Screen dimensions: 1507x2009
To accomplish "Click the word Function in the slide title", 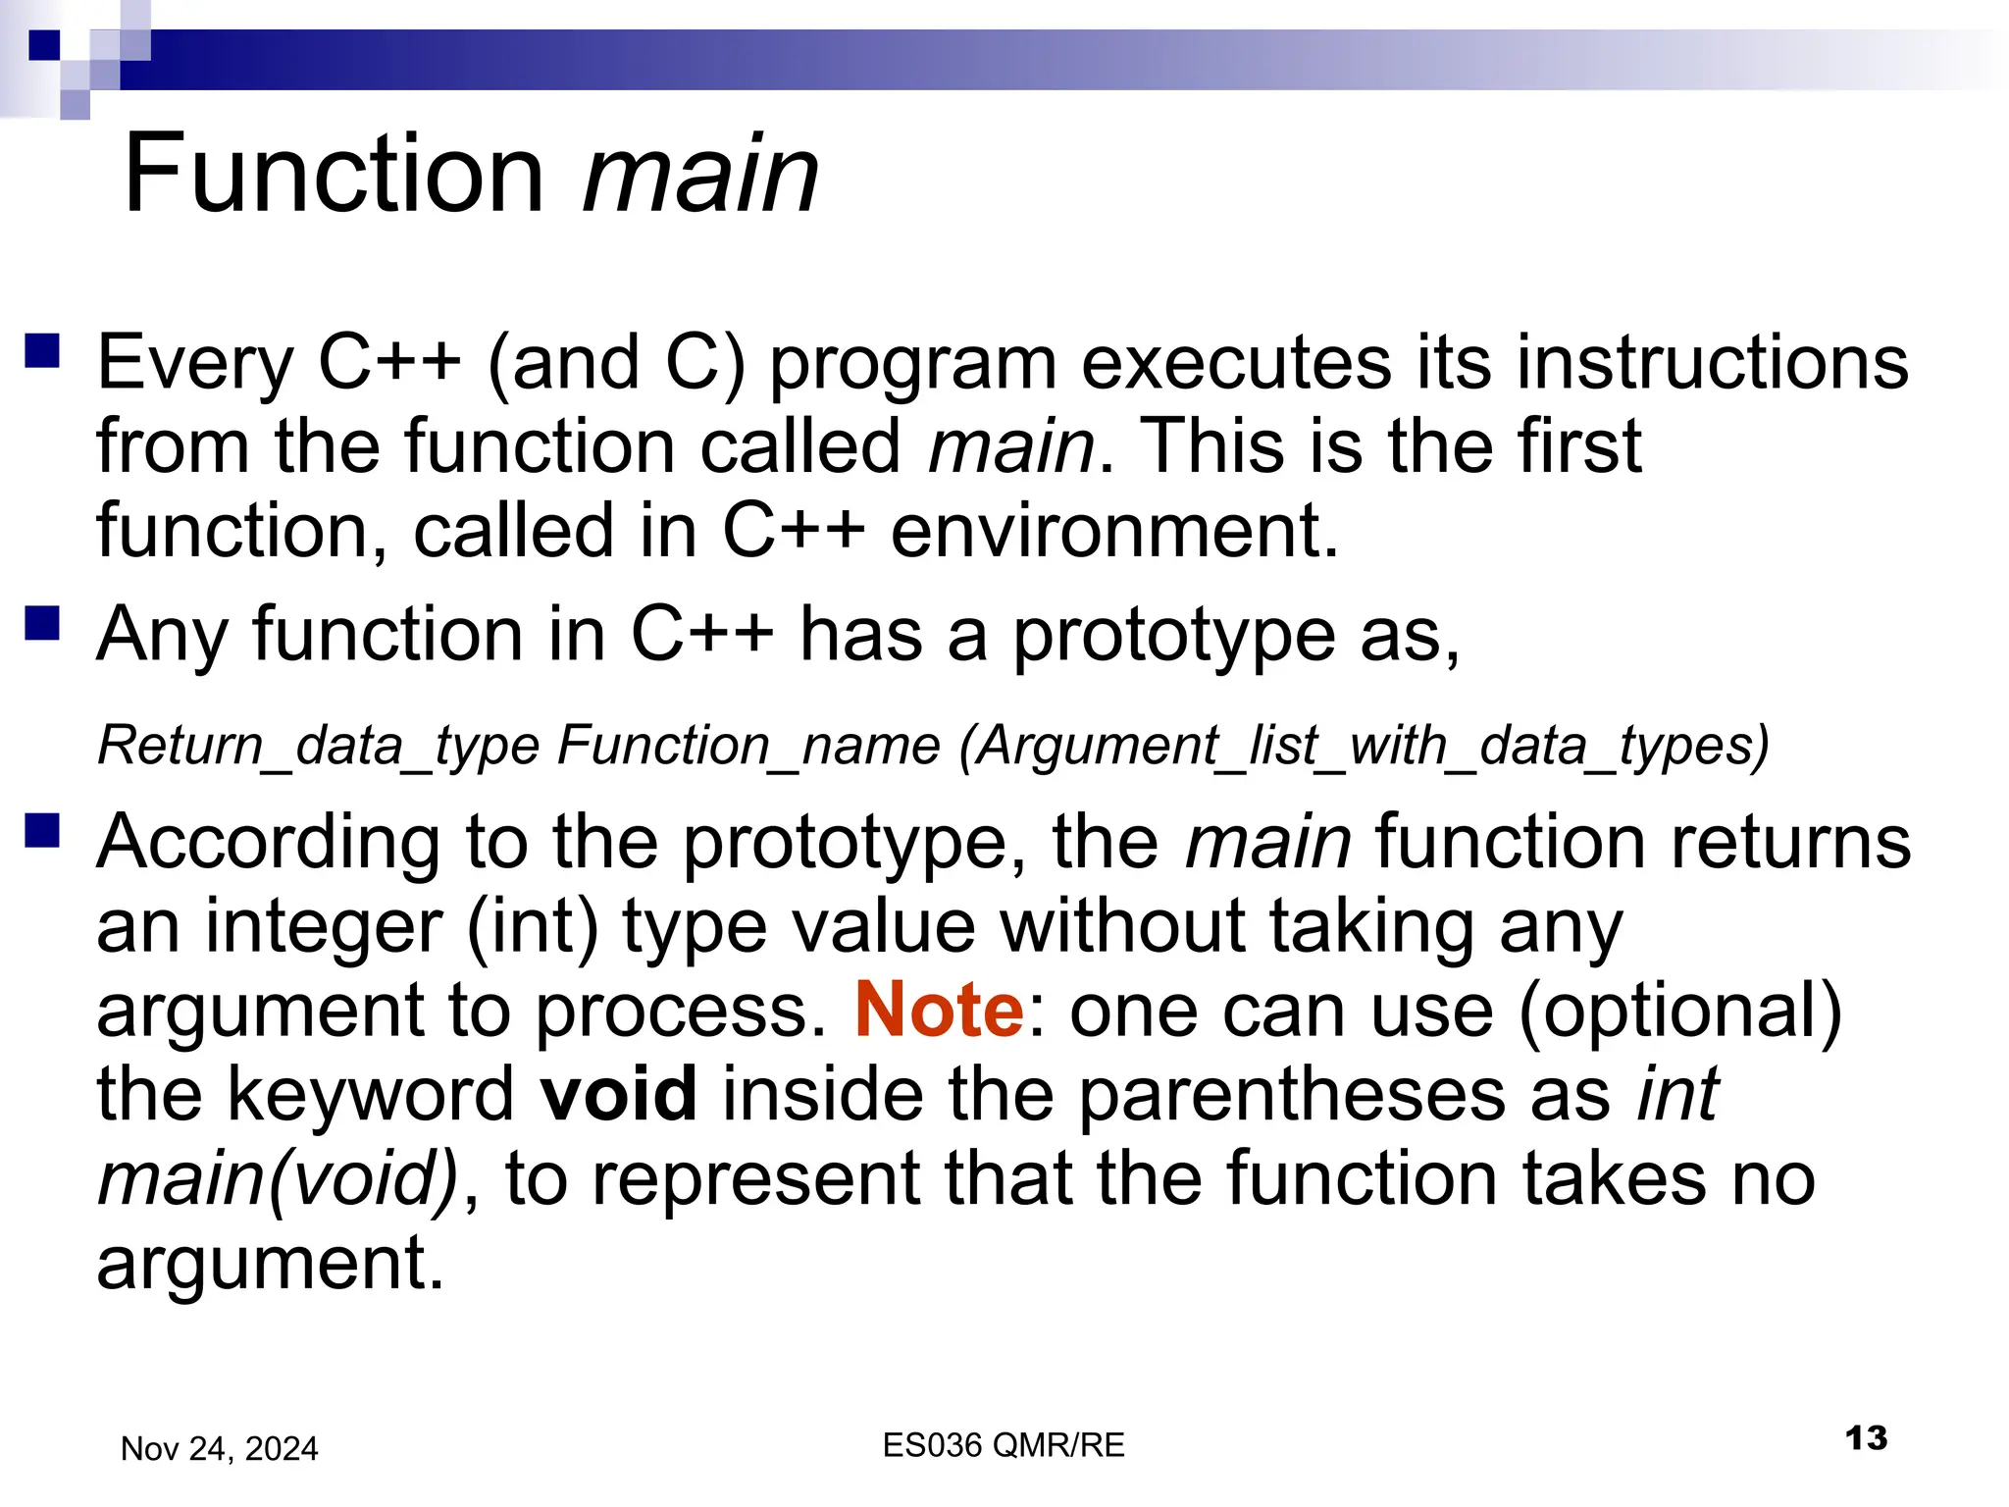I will (x=334, y=175).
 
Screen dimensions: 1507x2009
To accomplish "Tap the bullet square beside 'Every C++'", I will (x=43, y=350).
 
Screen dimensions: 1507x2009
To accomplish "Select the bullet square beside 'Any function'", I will (x=43, y=622).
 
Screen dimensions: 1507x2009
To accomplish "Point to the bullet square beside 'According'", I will (x=43, y=830).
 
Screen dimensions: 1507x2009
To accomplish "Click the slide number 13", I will (x=1865, y=1438).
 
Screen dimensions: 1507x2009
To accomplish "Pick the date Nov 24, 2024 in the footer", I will (x=219, y=1448).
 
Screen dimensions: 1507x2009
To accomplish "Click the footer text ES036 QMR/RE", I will (x=1003, y=1445).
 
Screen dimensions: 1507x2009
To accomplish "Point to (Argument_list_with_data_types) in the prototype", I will (x=1364, y=745).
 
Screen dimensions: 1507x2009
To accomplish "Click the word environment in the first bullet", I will (x=1113, y=531).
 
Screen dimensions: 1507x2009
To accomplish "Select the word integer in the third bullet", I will (x=324, y=926).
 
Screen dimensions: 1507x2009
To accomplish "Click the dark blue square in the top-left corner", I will (x=44, y=44).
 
